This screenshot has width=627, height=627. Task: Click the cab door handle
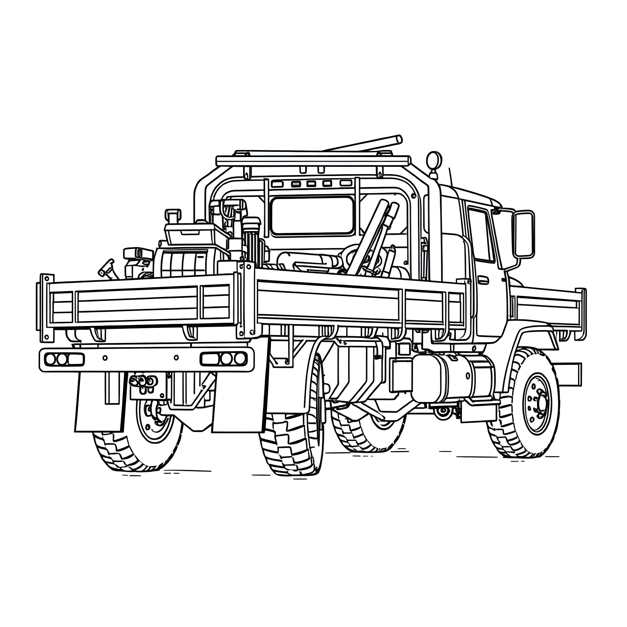(x=483, y=280)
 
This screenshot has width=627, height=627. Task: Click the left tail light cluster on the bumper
(x=61, y=359)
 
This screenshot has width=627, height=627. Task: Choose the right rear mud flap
(x=240, y=402)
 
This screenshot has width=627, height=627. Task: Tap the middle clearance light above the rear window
(x=311, y=184)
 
